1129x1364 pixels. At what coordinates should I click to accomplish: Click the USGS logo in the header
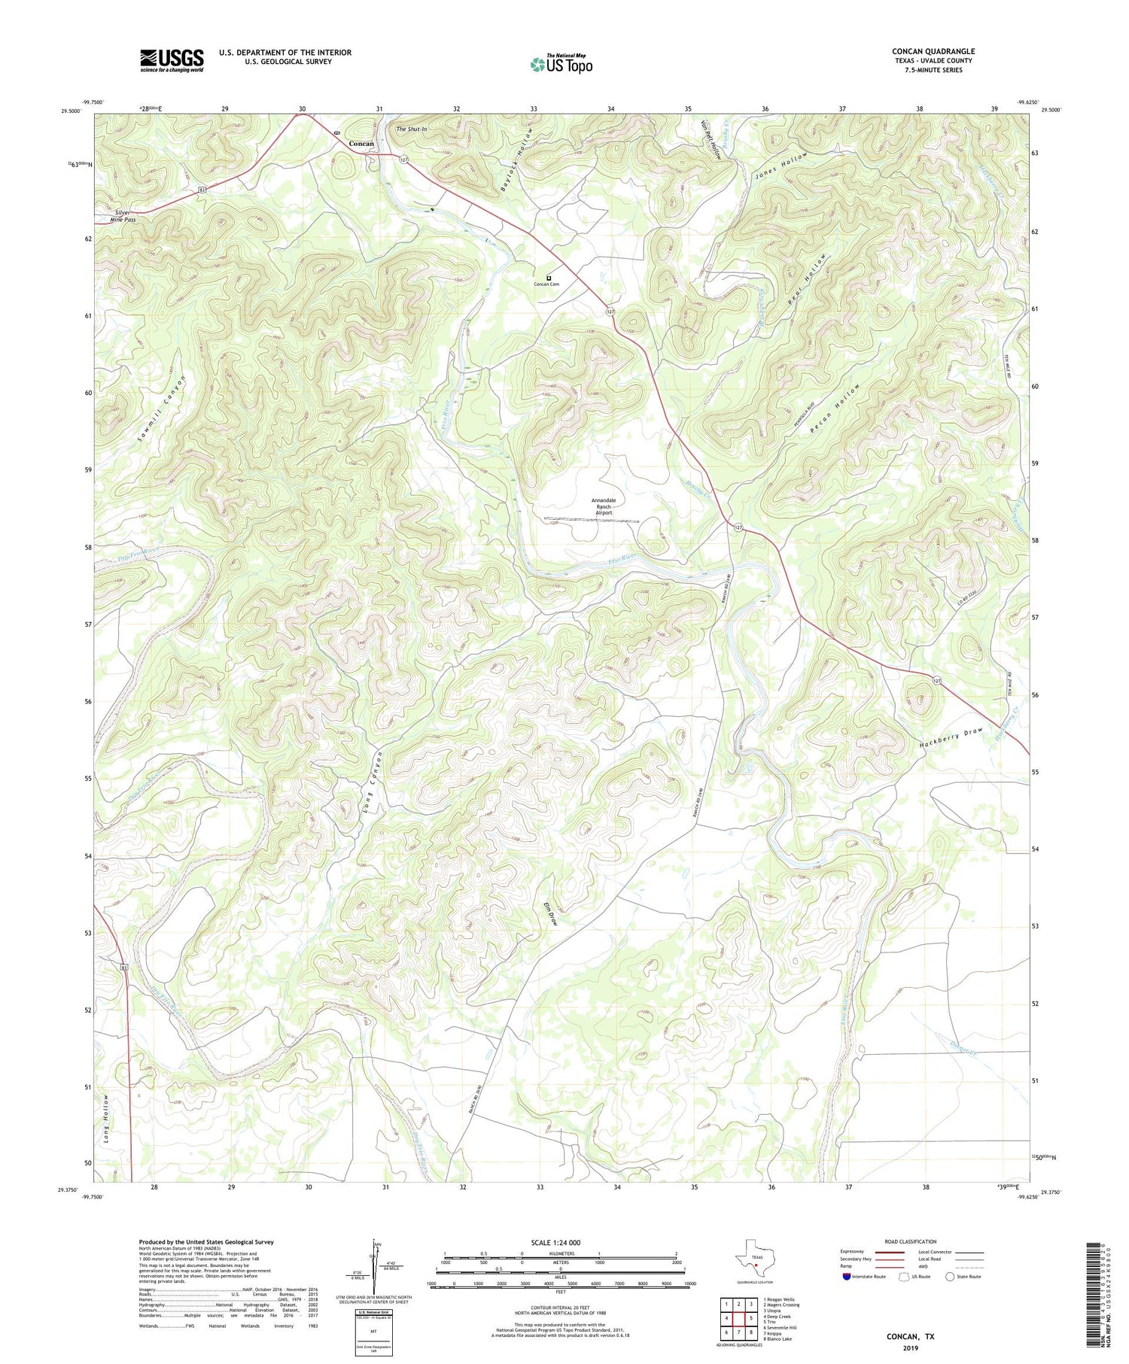point(172,60)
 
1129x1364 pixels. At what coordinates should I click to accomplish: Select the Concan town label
point(361,144)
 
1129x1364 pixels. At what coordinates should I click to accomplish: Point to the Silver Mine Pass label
point(122,216)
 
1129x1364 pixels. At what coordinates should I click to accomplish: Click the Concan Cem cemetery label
point(546,284)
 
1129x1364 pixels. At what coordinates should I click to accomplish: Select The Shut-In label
point(412,129)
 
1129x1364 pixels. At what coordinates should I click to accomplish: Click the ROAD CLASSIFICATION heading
point(911,1241)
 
